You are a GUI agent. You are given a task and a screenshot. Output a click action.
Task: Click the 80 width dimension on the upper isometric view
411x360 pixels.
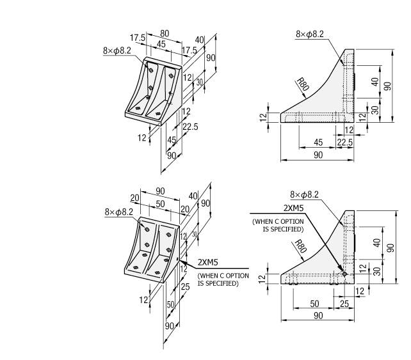coord(165,33)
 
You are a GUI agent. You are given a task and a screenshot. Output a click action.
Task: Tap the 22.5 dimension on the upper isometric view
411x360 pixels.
coord(190,127)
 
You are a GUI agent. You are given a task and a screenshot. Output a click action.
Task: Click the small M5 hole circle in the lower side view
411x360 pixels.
coord(344,274)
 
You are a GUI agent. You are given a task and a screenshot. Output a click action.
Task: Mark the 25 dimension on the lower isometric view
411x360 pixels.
coord(186,288)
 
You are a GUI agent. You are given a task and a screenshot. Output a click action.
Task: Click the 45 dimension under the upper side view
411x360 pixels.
coord(318,142)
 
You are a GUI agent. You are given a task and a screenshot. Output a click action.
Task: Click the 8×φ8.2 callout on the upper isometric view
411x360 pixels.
coord(117,50)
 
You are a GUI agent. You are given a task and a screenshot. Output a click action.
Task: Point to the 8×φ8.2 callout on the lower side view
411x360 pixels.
coord(304,194)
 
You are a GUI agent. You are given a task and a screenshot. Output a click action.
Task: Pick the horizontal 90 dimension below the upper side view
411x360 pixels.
coord(318,155)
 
